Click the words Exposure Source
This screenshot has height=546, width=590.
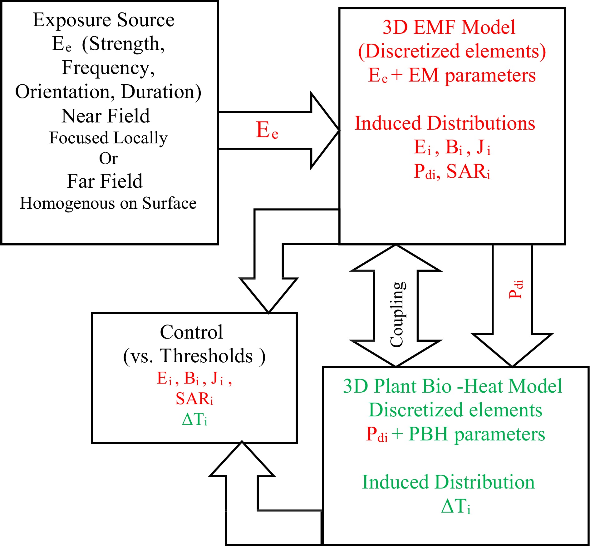[x=103, y=20]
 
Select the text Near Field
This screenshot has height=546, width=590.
[x=106, y=116]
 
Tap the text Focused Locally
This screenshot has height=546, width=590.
[x=108, y=138]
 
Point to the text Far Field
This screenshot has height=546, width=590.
[x=105, y=181]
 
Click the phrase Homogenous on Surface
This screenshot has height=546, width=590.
[x=108, y=203]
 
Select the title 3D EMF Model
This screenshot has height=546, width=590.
[x=449, y=27]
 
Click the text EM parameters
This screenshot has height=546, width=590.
[x=472, y=75]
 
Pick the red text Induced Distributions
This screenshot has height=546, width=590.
[x=445, y=123]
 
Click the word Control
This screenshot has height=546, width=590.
[x=191, y=332]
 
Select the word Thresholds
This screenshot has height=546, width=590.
[x=206, y=356]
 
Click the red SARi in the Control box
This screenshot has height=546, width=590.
[x=194, y=399]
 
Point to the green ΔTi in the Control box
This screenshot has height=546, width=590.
[x=194, y=419]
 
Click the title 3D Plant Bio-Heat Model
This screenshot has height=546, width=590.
[x=452, y=386]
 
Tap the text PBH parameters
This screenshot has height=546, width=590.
[x=477, y=434]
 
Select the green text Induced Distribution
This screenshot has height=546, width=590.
[x=448, y=482]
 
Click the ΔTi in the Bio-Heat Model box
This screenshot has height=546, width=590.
[x=455, y=506]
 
